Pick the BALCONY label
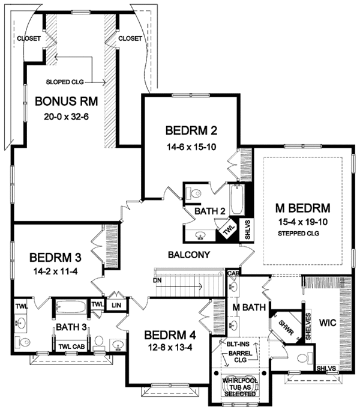189,255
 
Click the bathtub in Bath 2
236,201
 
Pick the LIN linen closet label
116,305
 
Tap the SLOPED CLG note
67,82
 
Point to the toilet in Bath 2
194,194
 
